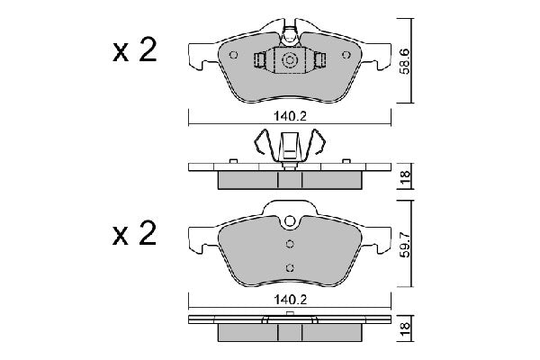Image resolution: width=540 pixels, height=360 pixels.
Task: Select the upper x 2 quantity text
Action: click(135, 51)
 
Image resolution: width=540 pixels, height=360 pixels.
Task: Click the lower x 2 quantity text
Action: click(135, 236)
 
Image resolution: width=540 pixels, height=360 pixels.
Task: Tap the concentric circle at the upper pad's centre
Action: click(290, 60)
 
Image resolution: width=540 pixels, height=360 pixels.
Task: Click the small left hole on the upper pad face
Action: click(234, 55)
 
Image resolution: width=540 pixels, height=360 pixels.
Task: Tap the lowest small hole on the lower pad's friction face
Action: click(290, 266)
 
